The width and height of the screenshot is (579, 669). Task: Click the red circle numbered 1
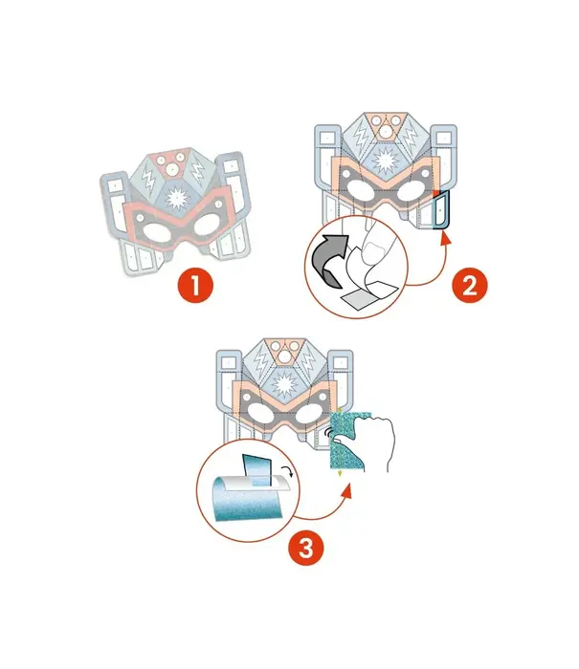[x=195, y=285]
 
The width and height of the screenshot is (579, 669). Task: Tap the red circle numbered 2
[x=470, y=285]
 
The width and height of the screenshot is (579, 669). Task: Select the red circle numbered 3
[x=306, y=548]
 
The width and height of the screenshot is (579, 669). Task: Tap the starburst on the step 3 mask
[x=284, y=383]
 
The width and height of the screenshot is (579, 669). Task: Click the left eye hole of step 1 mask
[x=157, y=233]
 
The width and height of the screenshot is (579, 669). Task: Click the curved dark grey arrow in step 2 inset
[x=329, y=260]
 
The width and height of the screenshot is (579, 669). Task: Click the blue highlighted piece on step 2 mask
[x=441, y=209]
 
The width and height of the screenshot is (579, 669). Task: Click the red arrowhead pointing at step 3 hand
[x=347, y=490]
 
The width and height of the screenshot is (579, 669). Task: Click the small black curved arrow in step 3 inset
[x=288, y=471]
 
